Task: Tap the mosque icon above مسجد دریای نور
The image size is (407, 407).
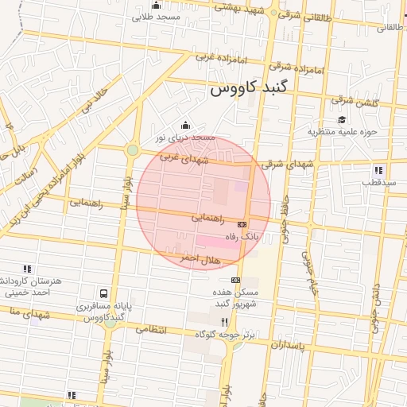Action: point(186,125)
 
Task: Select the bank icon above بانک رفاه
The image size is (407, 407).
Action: point(242,224)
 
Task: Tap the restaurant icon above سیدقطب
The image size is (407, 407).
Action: point(378,169)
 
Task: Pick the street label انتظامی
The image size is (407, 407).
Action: point(151,328)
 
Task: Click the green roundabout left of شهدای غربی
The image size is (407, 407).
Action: point(133,149)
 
